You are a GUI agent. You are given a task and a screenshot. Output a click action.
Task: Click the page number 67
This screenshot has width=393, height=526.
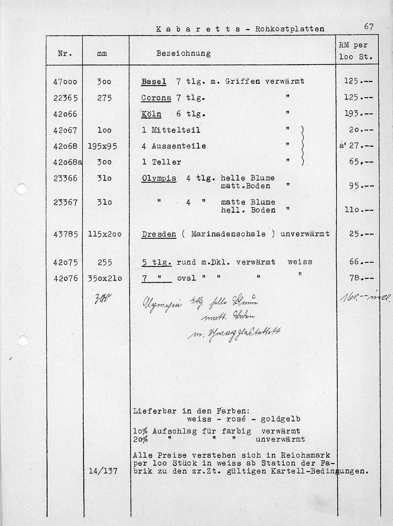click(x=369, y=27)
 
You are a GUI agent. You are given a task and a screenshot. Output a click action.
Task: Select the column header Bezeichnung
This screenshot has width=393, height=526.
click(x=183, y=53)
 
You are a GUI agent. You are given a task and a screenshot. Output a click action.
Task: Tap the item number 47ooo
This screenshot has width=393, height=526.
click(x=65, y=82)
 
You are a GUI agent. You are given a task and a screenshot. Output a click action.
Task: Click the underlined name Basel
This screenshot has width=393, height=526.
click(x=154, y=81)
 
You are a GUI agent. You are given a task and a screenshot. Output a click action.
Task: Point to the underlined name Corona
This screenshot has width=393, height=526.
click(x=156, y=98)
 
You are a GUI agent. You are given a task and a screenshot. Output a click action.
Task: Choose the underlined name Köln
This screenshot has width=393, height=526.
click(x=151, y=114)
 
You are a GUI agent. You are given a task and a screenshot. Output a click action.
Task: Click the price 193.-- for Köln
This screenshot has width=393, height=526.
click(x=358, y=114)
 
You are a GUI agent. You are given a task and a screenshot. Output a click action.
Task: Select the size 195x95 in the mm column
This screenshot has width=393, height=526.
click(x=102, y=146)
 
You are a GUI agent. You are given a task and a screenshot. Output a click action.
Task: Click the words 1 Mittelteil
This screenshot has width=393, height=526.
click(x=171, y=130)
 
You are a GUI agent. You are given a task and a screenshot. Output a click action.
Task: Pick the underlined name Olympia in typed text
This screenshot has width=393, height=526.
click(x=159, y=178)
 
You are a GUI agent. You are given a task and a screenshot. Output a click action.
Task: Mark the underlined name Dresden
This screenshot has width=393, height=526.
click(x=159, y=234)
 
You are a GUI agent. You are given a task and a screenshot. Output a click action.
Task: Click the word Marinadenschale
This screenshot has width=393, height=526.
click(x=228, y=234)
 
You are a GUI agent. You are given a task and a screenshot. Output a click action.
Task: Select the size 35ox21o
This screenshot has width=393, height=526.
click(x=105, y=278)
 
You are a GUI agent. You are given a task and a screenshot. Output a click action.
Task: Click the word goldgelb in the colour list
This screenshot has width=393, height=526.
click(x=280, y=419)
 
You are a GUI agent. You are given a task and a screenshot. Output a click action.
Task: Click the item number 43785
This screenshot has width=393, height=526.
click(x=65, y=234)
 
